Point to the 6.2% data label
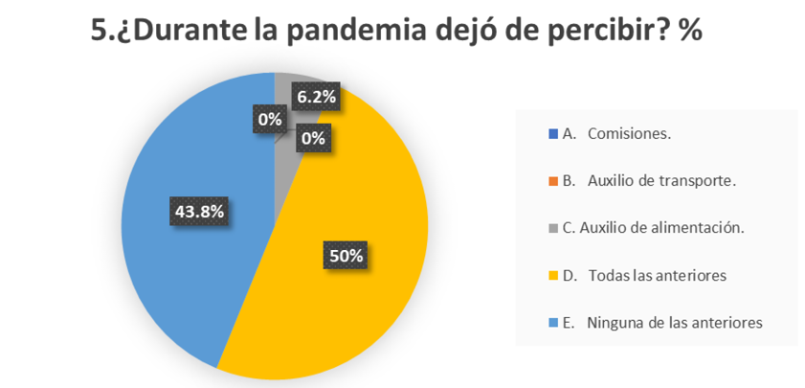(317, 97)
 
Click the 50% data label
(347, 256)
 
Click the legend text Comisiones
(629, 133)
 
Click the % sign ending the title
(690, 31)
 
